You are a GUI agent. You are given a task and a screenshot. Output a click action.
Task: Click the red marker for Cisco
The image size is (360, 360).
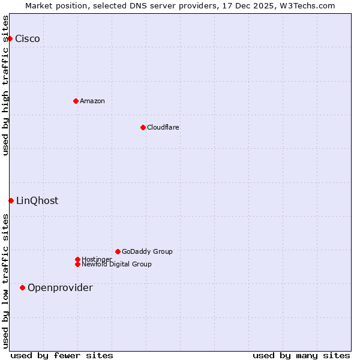(x=10, y=38)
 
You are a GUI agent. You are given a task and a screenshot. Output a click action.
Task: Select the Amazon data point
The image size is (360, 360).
(x=76, y=101)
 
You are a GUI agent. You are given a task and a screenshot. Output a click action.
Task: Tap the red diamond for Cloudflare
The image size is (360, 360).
(x=143, y=127)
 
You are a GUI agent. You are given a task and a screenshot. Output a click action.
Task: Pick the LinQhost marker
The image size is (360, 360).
(x=11, y=200)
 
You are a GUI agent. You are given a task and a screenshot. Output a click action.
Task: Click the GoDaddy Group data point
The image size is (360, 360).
(x=118, y=251)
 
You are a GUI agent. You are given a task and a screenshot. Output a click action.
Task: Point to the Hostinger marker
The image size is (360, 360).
(x=77, y=259)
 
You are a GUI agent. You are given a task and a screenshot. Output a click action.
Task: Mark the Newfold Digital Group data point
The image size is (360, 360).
(x=77, y=264)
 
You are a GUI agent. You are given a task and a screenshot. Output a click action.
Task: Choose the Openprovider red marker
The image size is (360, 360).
(x=22, y=287)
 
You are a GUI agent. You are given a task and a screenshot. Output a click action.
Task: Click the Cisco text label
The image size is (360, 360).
(x=28, y=39)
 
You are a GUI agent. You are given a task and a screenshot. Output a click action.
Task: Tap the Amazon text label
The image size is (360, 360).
(x=92, y=101)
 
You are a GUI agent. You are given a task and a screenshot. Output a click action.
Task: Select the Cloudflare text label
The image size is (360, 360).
(x=163, y=127)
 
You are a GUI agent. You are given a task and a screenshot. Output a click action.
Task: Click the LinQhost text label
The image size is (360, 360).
(x=37, y=201)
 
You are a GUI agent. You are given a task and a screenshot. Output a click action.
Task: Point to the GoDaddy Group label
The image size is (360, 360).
(x=147, y=251)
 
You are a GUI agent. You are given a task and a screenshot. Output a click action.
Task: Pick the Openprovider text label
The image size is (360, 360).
(x=60, y=288)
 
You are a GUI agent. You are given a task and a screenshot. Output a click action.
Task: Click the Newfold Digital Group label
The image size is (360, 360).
(x=117, y=265)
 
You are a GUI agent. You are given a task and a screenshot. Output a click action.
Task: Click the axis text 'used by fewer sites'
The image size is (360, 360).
(x=62, y=355)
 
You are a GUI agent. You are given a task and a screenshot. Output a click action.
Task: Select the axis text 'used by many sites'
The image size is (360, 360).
(x=301, y=355)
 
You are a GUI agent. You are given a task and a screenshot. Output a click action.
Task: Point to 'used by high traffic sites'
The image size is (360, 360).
(x=6, y=85)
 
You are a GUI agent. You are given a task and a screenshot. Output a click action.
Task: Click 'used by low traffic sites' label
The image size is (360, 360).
(x=6, y=281)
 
